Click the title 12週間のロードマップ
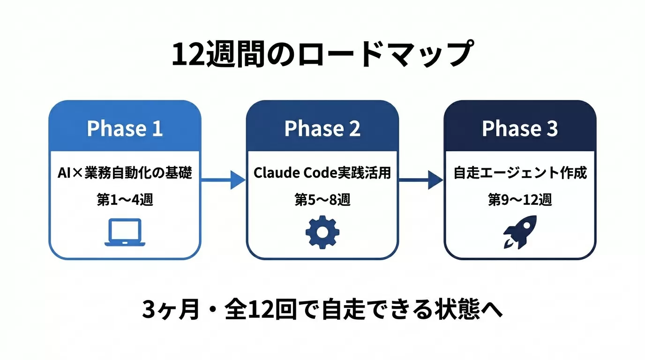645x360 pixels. [x=321, y=55]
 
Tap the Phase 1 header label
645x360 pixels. [x=125, y=128]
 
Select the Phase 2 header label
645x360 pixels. [x=322, y=128]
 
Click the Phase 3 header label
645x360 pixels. [x=520, y=128]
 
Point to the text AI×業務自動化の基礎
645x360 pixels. [x=125, y=173]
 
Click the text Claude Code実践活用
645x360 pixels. [x=322, y=173]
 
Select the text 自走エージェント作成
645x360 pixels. [x=520, y=173]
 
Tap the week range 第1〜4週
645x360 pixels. [x=125, y=200]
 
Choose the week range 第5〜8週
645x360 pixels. [x=322, y=200]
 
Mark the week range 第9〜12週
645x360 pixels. [x=520, y=200]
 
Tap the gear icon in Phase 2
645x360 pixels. [x=322, y=232]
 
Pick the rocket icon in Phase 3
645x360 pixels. [x=520, y=232]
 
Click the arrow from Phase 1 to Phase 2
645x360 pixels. [x=224, y=180]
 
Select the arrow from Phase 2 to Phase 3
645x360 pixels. [x=421, y=180]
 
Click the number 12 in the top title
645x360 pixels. [x=188, y=56]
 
